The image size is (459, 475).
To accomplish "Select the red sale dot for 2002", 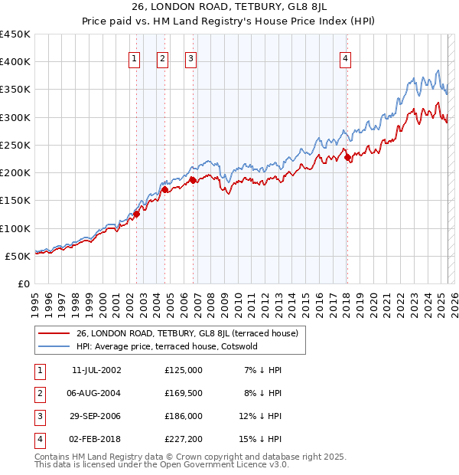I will tap(136, 215).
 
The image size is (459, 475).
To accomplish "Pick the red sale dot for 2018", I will tap(347, 158).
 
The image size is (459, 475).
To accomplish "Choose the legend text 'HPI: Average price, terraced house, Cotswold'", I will tap(167, 346).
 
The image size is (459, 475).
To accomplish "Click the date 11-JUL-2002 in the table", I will tap(96, 370).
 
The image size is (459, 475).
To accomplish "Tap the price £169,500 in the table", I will tap(184, 393).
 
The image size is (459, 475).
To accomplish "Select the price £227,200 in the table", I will tap(184, 439).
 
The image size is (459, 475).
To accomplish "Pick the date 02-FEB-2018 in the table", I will tap(96, 439).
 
